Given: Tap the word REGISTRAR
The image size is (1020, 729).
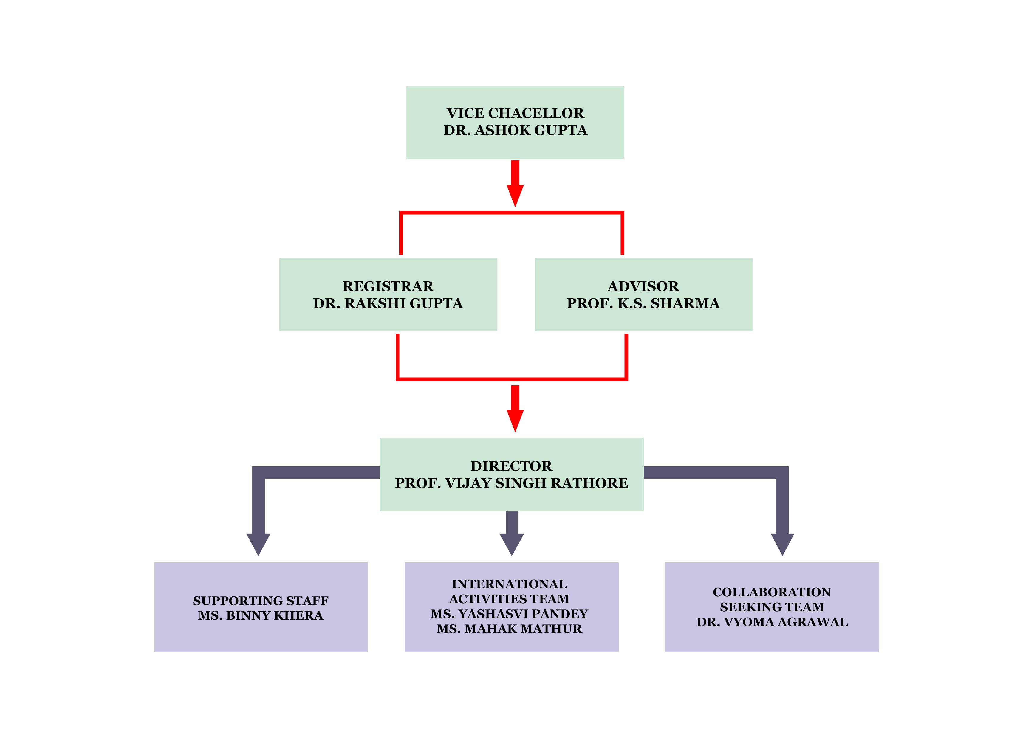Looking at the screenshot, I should (388, 286).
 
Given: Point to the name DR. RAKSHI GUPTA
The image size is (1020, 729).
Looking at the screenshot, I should (388, 303).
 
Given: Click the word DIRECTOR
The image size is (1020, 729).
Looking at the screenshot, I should (511, 466).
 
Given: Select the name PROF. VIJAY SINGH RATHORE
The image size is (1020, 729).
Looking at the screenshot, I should (511, 483).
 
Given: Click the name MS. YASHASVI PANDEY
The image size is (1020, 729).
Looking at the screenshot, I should (509, 614).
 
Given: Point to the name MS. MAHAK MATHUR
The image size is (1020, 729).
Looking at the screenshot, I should (509, 629).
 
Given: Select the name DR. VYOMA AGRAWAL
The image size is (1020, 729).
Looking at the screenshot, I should (772, 622).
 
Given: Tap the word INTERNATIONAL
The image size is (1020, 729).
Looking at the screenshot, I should (509, 584).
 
